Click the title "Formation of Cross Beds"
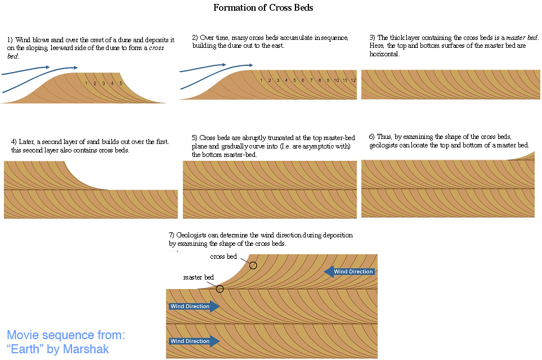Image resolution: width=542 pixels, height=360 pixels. pyautogui.click(x=263, y=8)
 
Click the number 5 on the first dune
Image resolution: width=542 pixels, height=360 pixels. pyautogui.click(x=120, y=83)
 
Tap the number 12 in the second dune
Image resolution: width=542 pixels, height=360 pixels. pyautogui.click(x=353, y=80)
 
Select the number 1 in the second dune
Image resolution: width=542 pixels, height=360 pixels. pyautogui.click(x=261, y=80)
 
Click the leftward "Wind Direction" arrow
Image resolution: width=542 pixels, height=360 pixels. pyautogui.click(x=349, y=272)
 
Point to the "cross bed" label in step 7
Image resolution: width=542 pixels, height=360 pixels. pyautogui.click(x=223, y=256)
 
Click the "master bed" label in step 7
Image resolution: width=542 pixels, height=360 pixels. pyautogui.click(x=199, y=277)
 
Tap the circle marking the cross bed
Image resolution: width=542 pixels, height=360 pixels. pyautogui.click(x=253, y=265)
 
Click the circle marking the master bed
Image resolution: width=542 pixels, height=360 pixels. pyautogui.click(x=220, y=289)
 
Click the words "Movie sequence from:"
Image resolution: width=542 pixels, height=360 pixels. pyautogui.click(x=66, y=335)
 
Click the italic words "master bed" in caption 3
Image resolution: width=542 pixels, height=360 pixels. pyautogui.click(x=522, y=37)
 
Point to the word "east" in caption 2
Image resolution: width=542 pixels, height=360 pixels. pyautogui.click(x=277, y=46)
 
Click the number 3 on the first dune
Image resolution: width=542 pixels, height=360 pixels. pyautogui.click(x=104, y=83)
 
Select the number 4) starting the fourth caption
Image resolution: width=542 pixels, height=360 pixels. pyautogui.click(x=14, y=142)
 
